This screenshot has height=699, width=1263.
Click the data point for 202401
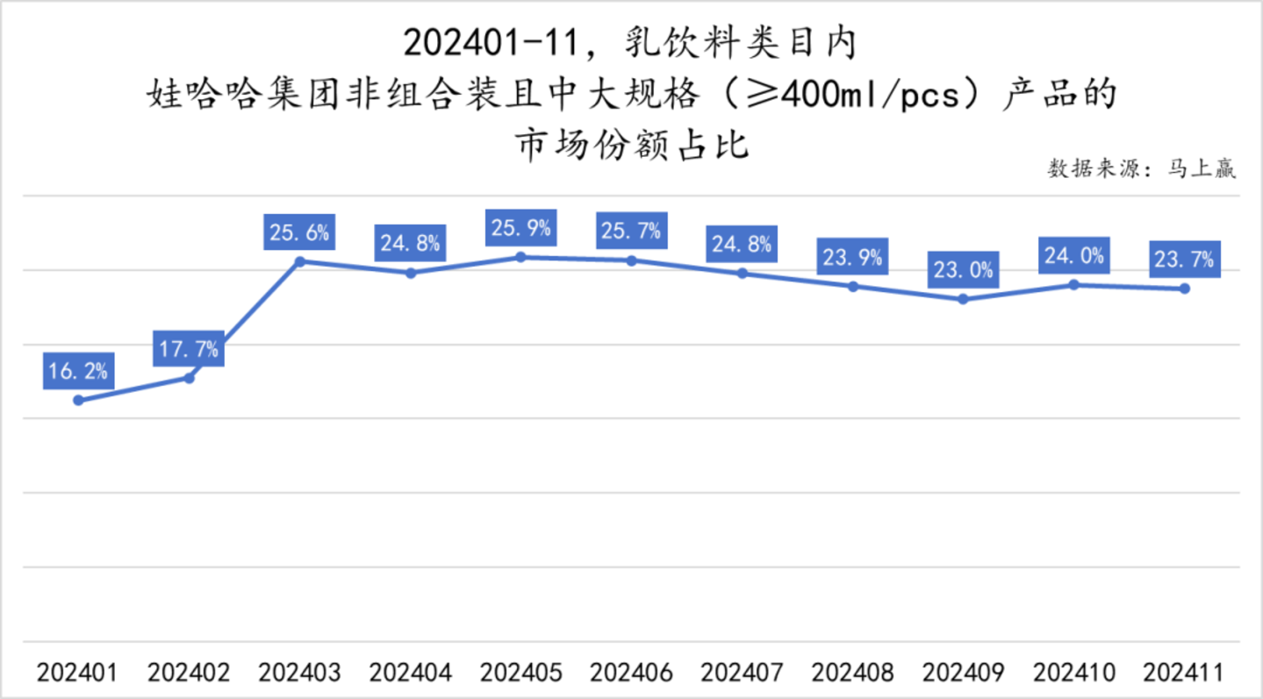(78, 400)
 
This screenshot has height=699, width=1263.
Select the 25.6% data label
(299, 233)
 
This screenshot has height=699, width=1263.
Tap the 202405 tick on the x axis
(520, 673)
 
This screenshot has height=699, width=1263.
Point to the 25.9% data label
(520, 229)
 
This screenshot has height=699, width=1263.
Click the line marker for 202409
(963, 299)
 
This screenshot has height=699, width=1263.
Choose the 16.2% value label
(78, 371)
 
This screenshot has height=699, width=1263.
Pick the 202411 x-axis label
(1184, 673)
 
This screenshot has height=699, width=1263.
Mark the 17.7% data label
(189, 349)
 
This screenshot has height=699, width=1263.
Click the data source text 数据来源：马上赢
(1142, 168)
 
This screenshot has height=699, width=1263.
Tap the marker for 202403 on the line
(299, 261)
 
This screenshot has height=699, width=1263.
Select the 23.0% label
(963, 270)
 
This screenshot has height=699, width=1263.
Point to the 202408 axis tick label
(852, 673)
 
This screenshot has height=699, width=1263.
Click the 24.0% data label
(1073, 256)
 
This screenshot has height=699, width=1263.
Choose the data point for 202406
(631, 260)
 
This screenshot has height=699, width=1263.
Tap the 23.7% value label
(1184, 260)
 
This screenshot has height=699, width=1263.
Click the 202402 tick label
(189, 673)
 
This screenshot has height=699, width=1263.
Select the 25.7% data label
(631, 232)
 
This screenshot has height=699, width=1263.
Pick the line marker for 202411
(1184, 289)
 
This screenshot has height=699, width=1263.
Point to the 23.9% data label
(852, 258)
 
